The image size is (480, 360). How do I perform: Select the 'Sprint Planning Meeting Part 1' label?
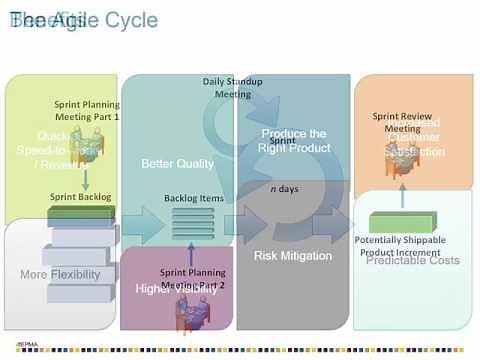pos(87,110)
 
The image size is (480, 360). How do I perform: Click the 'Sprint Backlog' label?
pos(80,197)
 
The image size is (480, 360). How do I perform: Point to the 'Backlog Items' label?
pos(194,198)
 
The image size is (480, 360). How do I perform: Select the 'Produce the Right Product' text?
pos(295,140)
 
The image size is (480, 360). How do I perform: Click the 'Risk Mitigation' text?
pos(293,256)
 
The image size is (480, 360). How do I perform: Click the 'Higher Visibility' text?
pos(177,289)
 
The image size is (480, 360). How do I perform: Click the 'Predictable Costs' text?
pos(421,260)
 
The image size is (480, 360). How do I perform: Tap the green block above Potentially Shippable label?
pos(400,221)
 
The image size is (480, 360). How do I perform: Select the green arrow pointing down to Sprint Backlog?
pos(86,179)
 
